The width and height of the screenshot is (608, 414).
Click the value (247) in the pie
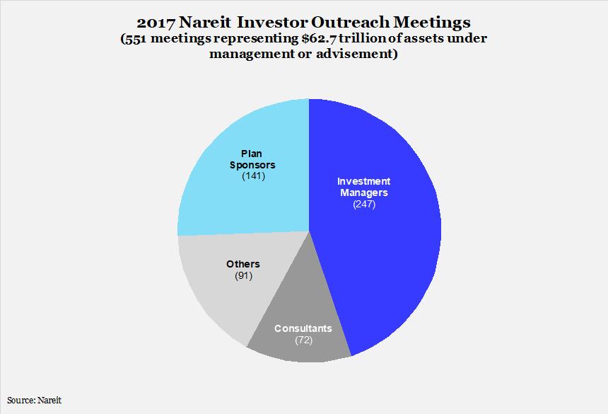coord(364,204)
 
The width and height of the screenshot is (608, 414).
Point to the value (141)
coord(253,176)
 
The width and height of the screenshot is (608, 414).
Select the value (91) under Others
coord(243,276)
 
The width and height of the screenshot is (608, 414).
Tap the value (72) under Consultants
coord(303,340)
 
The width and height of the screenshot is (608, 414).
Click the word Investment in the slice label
coord(363,181)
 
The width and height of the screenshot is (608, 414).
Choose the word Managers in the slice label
coord(363,192)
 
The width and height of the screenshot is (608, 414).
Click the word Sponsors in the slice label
coord(252,165)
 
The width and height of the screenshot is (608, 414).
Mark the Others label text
coord(243,264)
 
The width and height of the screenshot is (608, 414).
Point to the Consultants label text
coord(303,328)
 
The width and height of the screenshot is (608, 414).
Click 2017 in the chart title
coord(156,23)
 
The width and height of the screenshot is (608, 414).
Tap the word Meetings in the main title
coord(433,23)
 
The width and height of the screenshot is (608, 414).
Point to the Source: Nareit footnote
coord(34,400)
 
